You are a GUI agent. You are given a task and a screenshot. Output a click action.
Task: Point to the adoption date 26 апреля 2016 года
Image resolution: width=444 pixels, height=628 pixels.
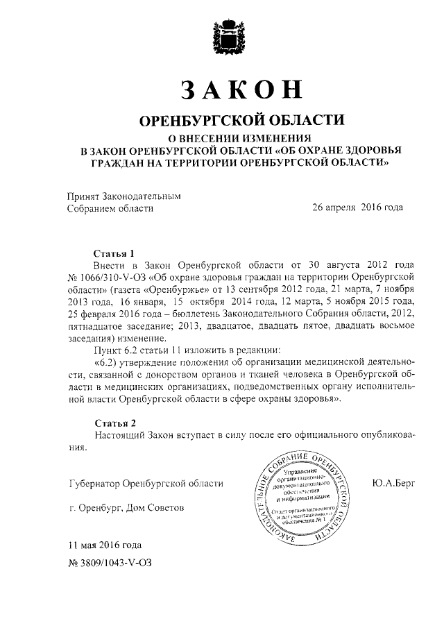click(357, 207)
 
